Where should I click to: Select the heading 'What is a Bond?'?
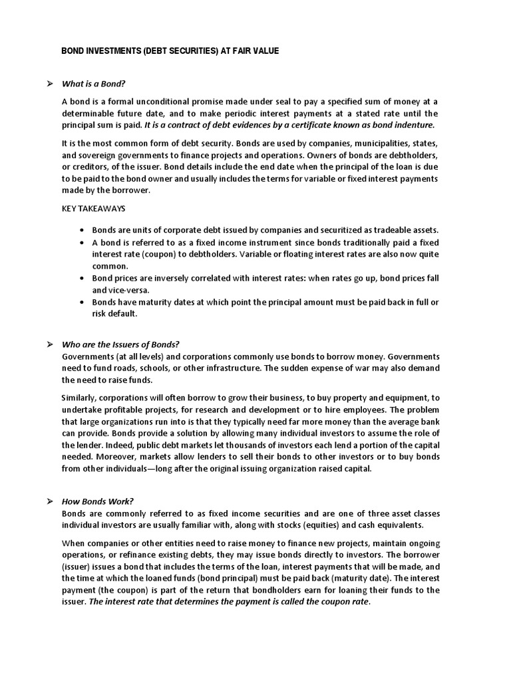(x=93, y=84)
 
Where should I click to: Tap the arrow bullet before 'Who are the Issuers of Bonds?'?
(x=49, y=344)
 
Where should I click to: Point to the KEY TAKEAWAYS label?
(x=93, y=209)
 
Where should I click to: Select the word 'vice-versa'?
(x=128, y=290)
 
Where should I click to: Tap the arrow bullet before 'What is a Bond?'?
(x=49, y=84)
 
